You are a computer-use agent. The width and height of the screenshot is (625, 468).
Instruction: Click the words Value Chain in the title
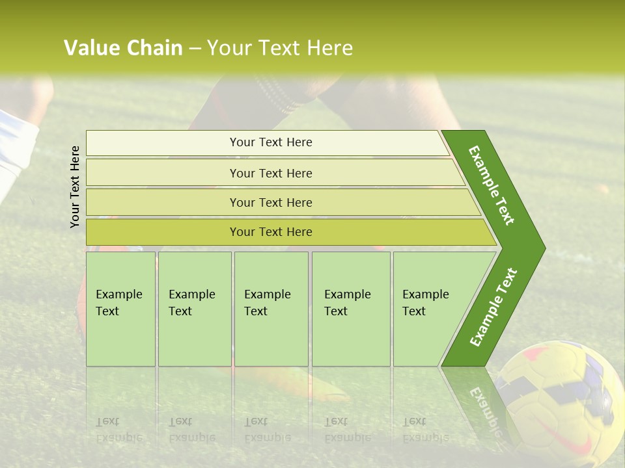123,48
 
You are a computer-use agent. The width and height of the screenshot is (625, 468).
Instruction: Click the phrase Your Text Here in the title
280,48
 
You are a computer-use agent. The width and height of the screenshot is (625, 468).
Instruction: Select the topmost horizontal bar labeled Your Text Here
271,142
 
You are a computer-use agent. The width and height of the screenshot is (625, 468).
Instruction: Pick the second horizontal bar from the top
271,173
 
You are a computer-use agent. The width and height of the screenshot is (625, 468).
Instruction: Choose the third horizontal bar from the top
271,202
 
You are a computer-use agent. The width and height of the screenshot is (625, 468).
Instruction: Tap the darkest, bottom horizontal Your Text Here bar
271,232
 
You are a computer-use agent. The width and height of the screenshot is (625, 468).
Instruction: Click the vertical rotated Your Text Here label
75,187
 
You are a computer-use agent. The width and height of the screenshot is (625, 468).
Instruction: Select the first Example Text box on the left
120,309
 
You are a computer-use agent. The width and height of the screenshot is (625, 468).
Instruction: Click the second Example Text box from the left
194,309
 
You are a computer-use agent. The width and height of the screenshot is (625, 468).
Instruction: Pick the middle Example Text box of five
271,309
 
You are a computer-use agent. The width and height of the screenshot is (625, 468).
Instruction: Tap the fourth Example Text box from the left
351,309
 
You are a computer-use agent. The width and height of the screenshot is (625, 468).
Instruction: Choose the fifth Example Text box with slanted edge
430,309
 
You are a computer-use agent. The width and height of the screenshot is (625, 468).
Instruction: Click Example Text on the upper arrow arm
492,185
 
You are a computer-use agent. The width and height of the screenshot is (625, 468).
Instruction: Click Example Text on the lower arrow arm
493,307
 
